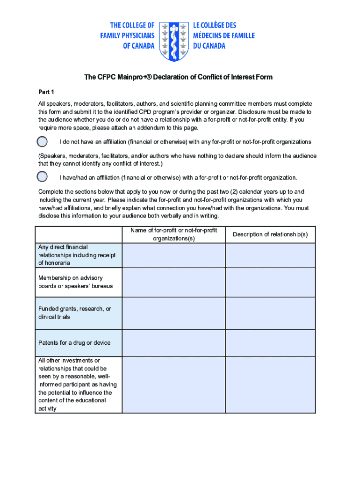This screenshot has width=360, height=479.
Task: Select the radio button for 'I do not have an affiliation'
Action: pos(42,142)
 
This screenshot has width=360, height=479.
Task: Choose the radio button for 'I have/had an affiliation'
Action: pos(42,177)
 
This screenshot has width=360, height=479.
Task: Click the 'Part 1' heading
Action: pos(46,92)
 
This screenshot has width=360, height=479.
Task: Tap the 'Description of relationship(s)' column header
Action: pos(270,234)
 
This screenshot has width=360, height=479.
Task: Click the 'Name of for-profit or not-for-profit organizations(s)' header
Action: pos(173,234)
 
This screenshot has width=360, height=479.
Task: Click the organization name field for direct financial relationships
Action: pos(173,255)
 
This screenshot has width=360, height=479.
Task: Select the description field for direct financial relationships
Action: pos(270,255)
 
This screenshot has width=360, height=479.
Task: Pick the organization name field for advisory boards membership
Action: pos(173,282)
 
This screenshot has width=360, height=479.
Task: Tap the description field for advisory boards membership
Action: pos(270,282)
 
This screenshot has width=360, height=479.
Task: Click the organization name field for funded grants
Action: pos(173,313)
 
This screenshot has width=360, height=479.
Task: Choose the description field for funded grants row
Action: pos(270,313)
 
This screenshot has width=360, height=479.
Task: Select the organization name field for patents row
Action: pos(173,343)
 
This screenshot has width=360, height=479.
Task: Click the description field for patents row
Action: pos(270,343)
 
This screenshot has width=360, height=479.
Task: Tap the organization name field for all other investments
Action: pos(173,385)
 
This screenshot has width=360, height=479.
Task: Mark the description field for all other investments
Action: pos(270,385)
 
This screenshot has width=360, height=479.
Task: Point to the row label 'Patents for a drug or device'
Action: pos(74,343)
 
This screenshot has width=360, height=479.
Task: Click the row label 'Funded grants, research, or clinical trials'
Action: pos(75,313)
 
